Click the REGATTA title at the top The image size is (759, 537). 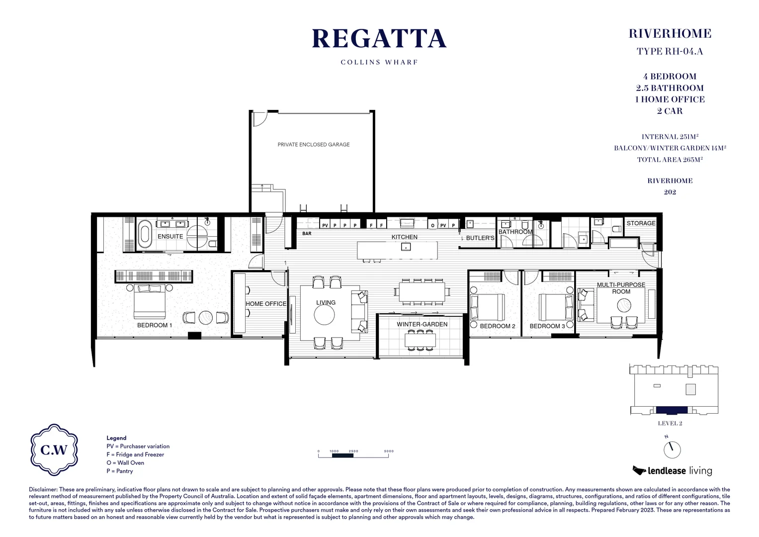[379, 39]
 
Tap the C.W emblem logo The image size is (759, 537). [54, 449]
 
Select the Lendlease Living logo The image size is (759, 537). [672, 470]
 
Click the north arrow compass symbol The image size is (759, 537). [672, 449]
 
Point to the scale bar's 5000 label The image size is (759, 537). [389, 451]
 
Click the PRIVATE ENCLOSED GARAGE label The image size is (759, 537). [313, 145]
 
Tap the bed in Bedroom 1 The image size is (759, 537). [149, 302]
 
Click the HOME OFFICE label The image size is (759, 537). [266, 304]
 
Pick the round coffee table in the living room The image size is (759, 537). [324, 315]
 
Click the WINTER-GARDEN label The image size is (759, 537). [422, 324]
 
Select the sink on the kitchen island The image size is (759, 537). [406, 247]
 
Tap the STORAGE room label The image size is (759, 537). [641, 223]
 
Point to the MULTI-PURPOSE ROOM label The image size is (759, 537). [621, 288]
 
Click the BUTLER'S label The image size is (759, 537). [480, 238]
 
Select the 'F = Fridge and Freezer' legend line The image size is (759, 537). [135, 454]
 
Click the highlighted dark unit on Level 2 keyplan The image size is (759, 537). [672, 410]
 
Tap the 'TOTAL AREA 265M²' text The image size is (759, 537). [670, 160]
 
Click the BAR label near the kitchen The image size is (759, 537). [307, 234]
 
